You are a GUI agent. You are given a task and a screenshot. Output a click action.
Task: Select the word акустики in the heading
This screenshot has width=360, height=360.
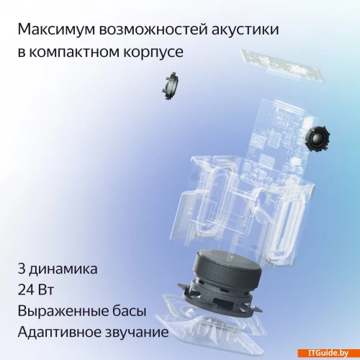click(x=246, y=30)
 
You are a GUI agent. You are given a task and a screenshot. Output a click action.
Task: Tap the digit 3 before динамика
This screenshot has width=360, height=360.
click(x=22, y=269)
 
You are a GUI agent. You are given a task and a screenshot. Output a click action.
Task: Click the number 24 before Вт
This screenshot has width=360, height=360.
click(x=25, y=290)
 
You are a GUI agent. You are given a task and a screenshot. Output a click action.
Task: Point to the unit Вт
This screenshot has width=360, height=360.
click(x=45, y=290)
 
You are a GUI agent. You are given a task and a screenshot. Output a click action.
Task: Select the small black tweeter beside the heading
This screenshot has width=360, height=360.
click(x=171, y=86)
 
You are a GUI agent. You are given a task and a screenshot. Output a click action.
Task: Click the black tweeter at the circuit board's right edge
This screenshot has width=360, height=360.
click(x=318, y=138)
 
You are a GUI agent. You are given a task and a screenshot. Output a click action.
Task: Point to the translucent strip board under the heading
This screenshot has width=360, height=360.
click(x=283, y=66)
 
